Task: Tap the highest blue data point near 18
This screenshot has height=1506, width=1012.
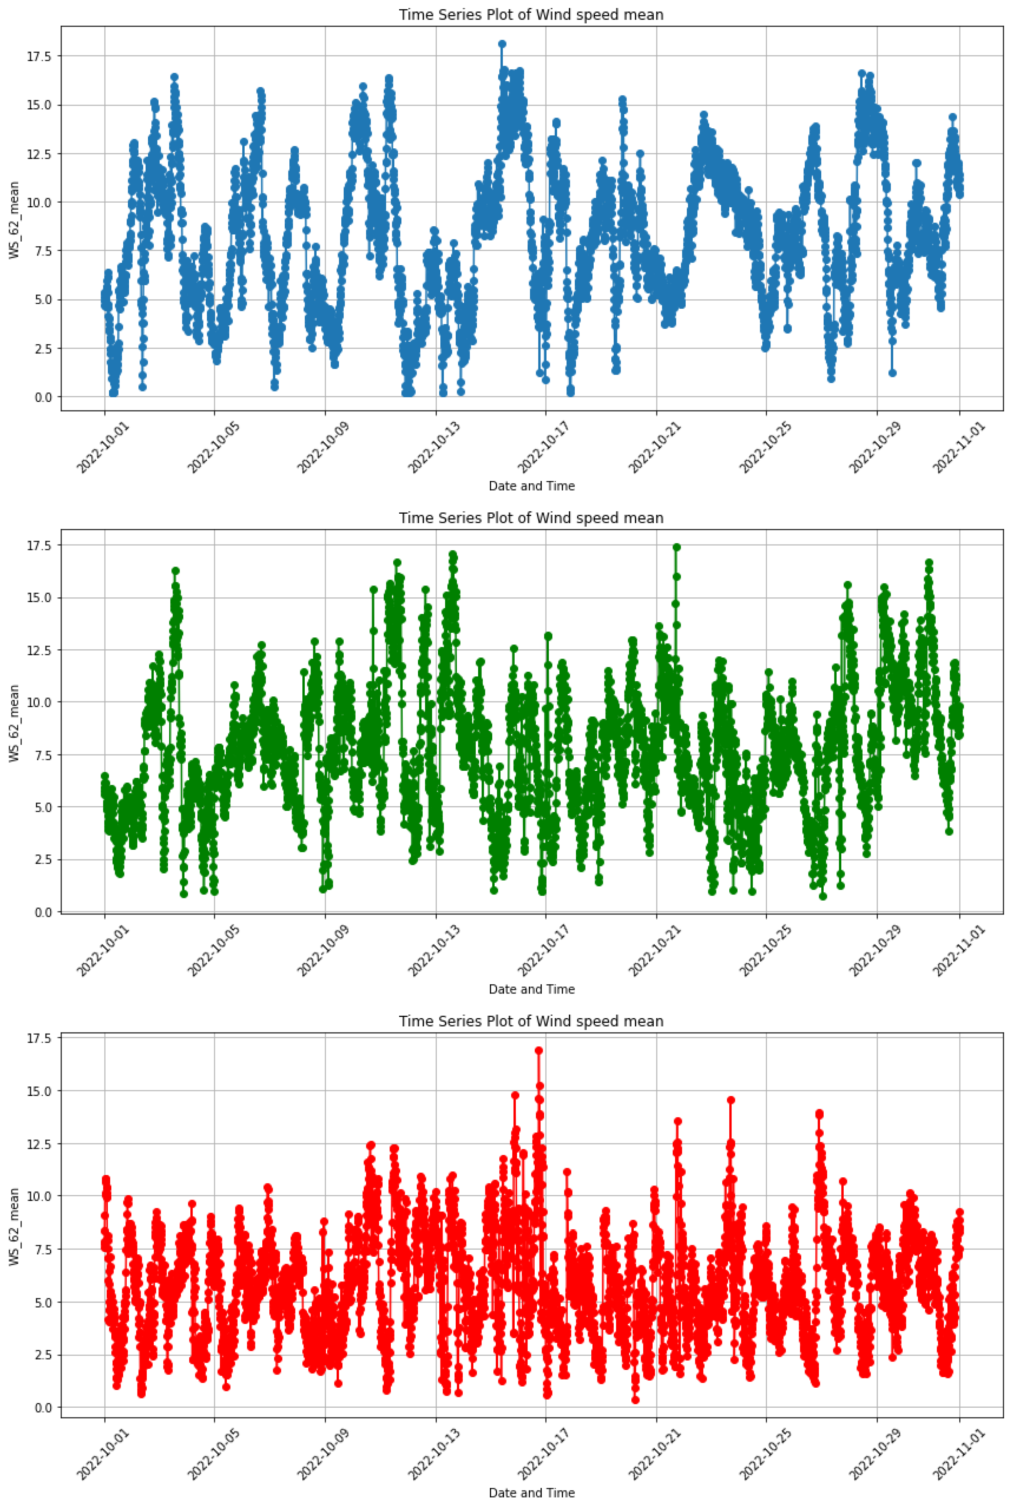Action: [502, 44]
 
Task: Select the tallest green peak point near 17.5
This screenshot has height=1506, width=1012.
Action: [676, 547]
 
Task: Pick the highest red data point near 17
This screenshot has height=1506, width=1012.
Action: [539, 1050]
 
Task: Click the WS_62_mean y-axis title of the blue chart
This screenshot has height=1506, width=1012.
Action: [14, 220]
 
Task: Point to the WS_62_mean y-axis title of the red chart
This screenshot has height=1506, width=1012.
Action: [14, 1227]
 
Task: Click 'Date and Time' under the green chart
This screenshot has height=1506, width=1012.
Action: [531, 989]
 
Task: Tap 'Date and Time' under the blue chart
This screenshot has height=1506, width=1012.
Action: [531, 486]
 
